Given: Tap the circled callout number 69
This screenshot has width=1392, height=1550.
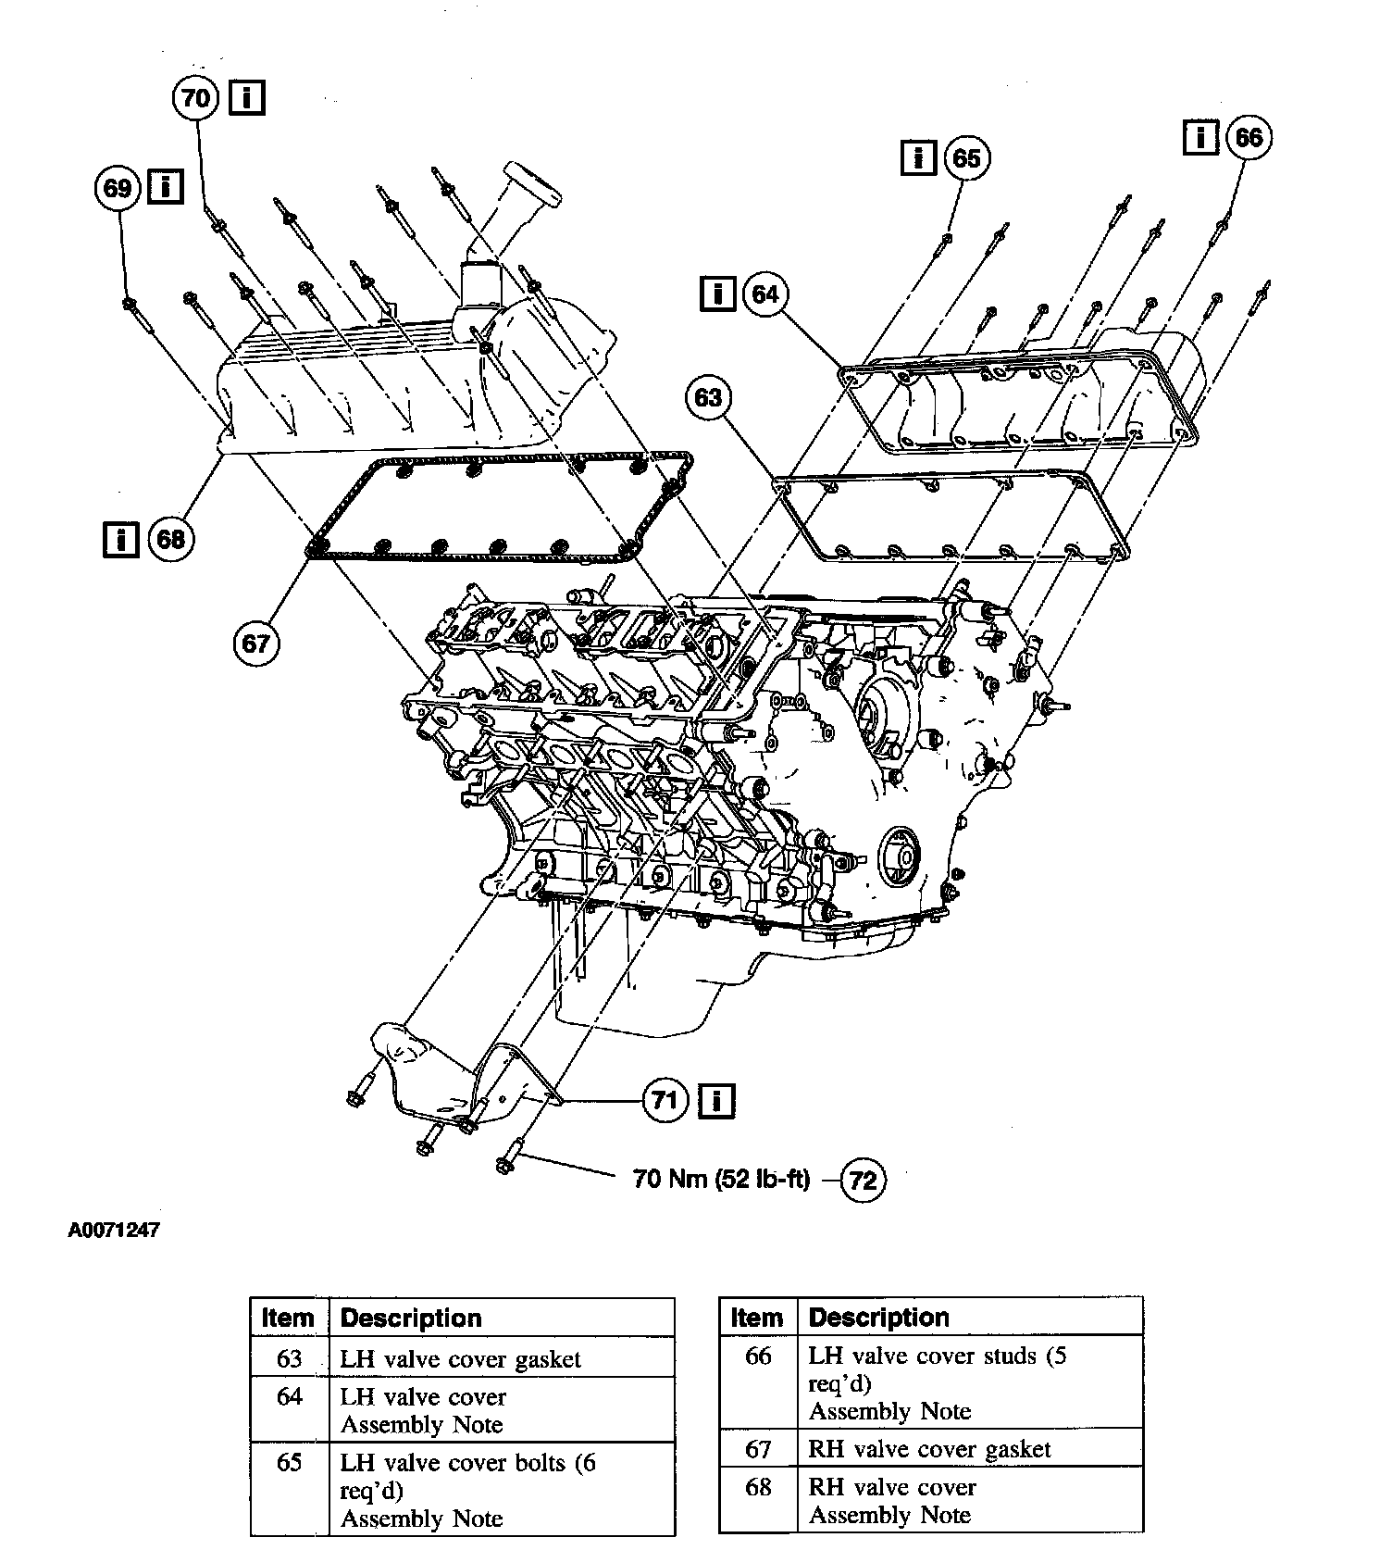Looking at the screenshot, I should click(x=118, y=188).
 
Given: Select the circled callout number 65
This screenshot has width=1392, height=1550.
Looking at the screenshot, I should click(x=966, y=158).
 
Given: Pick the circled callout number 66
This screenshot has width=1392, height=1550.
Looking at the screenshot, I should click(x=1248, y=138).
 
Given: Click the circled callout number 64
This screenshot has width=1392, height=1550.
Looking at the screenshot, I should click(x=765, y=294).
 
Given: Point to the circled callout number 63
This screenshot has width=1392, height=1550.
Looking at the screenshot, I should click(x=708, y=398).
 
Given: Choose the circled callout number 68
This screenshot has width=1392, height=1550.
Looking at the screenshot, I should click(x=170, y=538).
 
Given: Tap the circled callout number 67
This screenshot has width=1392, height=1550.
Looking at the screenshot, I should click(x=255, y=643).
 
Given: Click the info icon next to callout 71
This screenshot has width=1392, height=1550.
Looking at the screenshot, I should click(x=717, y=1100).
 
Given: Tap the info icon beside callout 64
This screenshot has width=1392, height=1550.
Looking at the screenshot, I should click(x=718, y=294).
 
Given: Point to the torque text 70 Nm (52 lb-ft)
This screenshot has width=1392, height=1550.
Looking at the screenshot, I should click(x=721, y=1179).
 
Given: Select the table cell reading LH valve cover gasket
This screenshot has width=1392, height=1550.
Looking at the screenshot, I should click(x=460, y=1359).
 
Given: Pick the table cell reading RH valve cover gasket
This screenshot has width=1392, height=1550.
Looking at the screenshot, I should click(x=929, y=1449).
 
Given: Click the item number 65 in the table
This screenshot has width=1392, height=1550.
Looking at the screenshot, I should click(x=290, y=1464).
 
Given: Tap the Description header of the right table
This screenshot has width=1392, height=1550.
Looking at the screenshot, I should click(x=878, y=1317).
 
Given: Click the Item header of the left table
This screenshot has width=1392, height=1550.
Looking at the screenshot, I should click(x=288, y=1318).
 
